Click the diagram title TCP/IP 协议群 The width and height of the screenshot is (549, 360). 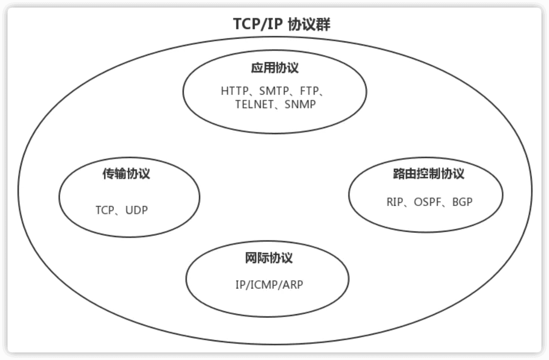pos(282,24)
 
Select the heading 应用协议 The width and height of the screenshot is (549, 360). pos(275,68)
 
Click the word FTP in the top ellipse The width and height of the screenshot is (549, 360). pos(310,91)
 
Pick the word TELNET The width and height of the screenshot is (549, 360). pos(254,105)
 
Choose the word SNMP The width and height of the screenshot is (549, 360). pos(300,105)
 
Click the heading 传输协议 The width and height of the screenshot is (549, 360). pos(126,174)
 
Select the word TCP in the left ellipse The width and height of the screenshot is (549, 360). pos(105,210)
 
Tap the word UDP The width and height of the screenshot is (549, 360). pos(137,210)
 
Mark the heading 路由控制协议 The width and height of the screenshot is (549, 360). pos(426,174)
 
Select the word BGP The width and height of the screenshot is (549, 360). pos(462,202)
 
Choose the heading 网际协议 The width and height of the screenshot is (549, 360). pos(269,258)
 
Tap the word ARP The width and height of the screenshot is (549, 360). pos(293,285)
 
